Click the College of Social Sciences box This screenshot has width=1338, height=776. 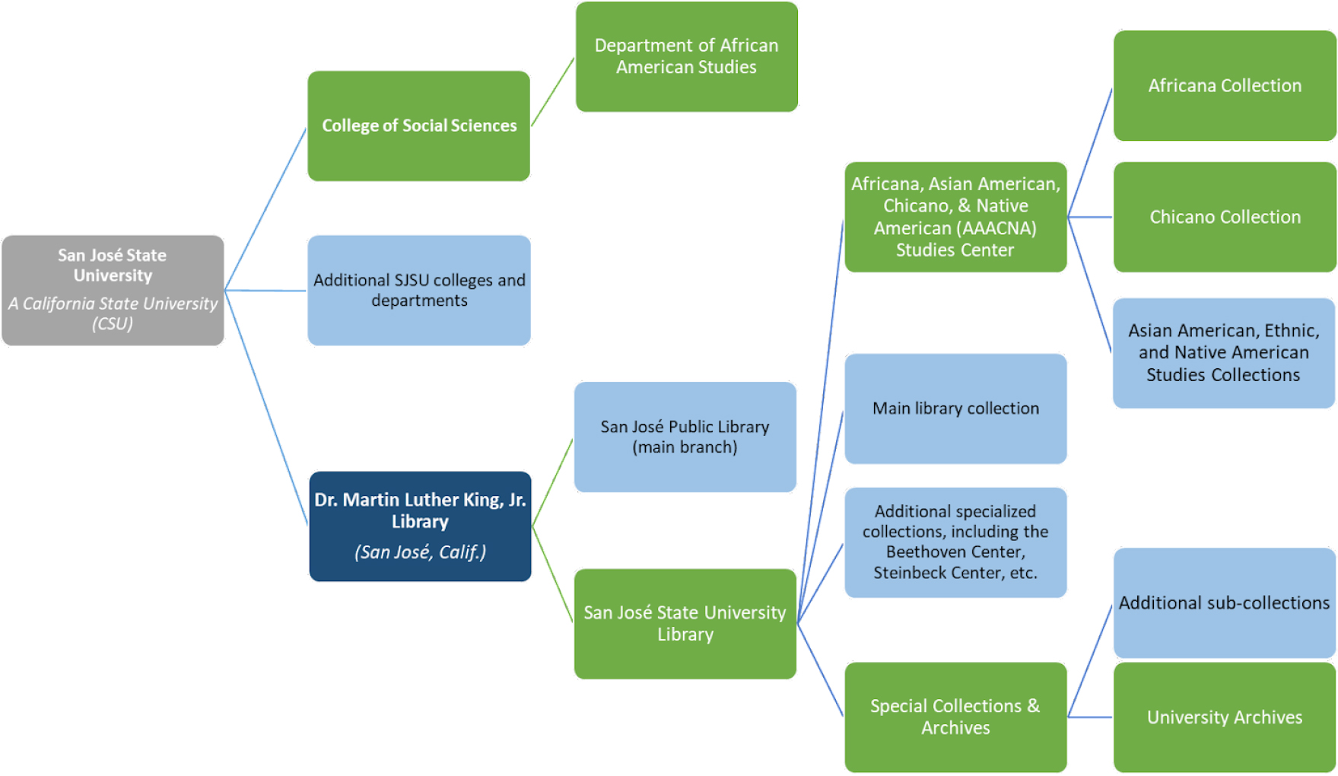click(418, 126)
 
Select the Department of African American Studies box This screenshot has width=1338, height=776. click(686, 57)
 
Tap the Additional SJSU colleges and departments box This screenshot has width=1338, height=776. click(419, 291)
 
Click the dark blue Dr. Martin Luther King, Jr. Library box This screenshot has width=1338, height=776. click(420, 526)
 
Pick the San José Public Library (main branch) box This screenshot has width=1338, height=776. click(685, 437)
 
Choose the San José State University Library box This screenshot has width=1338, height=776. click(685, 624)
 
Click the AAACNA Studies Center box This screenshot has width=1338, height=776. click(955, 217)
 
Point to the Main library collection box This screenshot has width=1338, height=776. click(955, 409)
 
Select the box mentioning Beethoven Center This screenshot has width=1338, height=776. click(955, 542)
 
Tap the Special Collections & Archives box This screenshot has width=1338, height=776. click(955, 717)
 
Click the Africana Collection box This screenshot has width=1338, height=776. click(1225, 86)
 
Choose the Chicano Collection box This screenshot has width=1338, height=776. click(1225, 217)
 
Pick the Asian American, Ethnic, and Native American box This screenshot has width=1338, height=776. click(1224, 353)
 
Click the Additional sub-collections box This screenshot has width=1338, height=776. click(1225, 603)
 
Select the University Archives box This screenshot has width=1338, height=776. click(1225, 717)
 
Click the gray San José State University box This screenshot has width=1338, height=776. click(113, 291)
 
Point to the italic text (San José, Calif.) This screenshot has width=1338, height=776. click(420, 552)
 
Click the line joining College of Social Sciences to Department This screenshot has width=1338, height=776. click(552, 92)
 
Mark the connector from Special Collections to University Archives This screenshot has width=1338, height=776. click(1090, 717)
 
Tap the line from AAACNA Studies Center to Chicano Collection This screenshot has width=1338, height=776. click(1090, 217)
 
